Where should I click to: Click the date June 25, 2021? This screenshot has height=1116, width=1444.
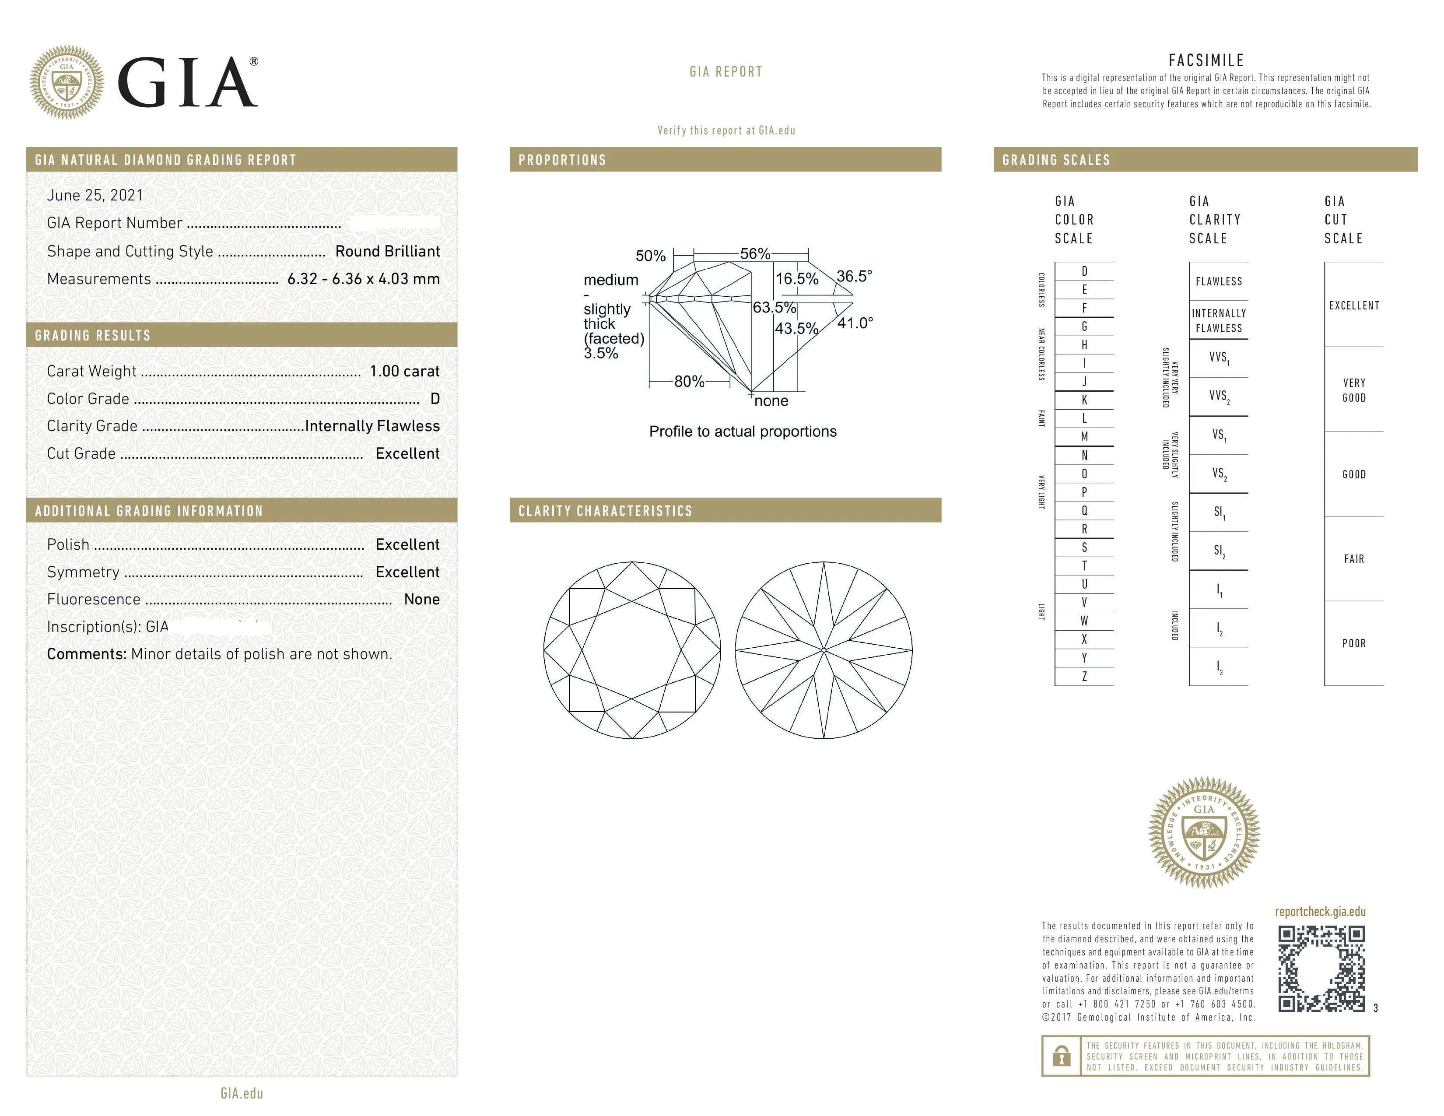tap(95, 195)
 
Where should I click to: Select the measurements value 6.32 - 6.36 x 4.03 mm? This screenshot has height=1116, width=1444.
tap(363, 279)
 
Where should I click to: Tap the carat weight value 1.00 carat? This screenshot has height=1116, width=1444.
tap(404, 371)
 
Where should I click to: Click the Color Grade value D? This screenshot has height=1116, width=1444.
tap(435, 399)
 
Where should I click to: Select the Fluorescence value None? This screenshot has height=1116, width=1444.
tap(421, 600)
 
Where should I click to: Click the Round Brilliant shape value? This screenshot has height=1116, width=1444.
tap(387, 251)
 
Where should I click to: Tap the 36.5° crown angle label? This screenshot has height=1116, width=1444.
tap(854, 276)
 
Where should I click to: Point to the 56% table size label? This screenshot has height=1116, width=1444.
tap(754, 254)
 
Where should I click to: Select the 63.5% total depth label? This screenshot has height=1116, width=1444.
tap(774, 307)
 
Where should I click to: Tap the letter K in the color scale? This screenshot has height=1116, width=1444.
tap(1084, 400)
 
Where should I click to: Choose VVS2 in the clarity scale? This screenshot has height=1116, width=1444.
tap(1219, 396)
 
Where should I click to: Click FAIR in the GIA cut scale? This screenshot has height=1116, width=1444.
tap(1353, 559)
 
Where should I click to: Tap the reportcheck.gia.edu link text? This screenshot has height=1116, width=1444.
tap(1320, 912)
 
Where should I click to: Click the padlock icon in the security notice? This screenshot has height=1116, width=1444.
tap(1061, 1056)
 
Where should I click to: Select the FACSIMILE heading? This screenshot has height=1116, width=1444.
tap(1206, 60)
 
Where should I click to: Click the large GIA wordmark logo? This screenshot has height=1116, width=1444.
tap(187, 83)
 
